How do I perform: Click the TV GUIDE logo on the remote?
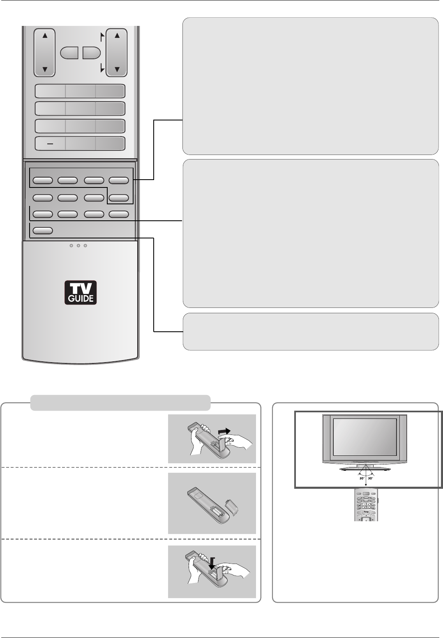(80, 292)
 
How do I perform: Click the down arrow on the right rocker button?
(117, 69)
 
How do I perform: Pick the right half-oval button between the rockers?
(91, 53)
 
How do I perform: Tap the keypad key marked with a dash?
(50, 143)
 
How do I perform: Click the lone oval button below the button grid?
(42, 231)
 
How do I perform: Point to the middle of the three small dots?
(78, 246)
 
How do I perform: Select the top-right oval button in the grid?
(119, 180)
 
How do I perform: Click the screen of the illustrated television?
(365, 436)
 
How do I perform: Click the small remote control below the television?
(366, 505)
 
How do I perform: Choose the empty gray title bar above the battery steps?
(120, 403)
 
